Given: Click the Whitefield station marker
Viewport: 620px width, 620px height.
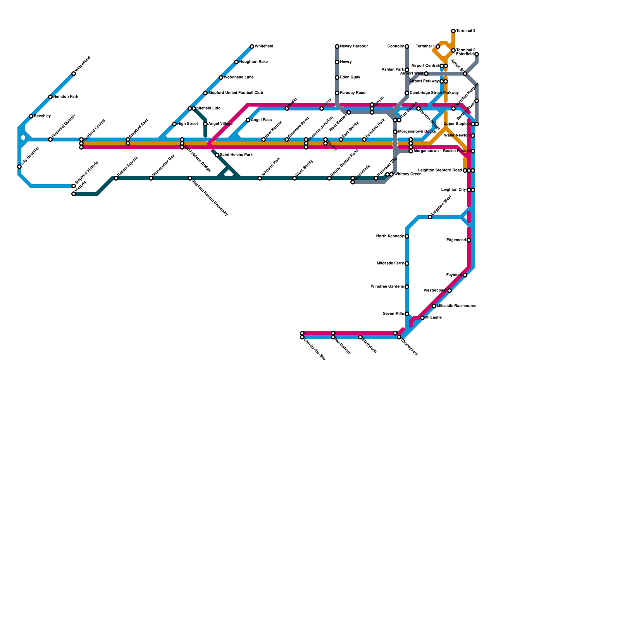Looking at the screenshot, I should pyautogui.click(x=252, y=46).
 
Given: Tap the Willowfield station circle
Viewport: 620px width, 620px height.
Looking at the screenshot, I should pyautogui.click(x=74, y=74).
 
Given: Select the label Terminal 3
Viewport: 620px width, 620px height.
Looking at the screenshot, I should pyautogui.click(x=465, y=31).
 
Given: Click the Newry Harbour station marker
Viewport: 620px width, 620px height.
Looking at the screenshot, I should pyautogui.click(x=337, y=46).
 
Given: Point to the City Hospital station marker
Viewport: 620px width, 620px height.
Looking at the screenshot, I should pyautogui.click(x=19, y=167).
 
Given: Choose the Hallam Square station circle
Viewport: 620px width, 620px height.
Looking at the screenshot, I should pyautogui.click(x=116, y=178).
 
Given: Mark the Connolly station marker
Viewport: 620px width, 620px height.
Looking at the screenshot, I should pyautogui.click(x=407, y=46).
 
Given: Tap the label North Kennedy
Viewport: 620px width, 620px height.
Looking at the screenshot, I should pyautogui.click(x=390, y=236).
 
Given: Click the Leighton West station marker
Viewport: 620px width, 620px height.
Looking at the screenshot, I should pyautogui.click(x=430, y=217).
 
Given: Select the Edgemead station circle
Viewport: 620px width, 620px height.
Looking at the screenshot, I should pyautogui.click(x=469, y=240).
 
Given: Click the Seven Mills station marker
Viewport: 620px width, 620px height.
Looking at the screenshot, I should pyautogui.click(x=407, y=314).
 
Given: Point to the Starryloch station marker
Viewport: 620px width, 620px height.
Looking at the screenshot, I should pyautogui.click(x=360, y=337).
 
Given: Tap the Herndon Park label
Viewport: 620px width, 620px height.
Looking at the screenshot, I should pyautogui.click(x=65, y=97).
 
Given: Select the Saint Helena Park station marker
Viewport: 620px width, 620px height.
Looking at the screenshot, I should pyautogui.click(x=217, y=155).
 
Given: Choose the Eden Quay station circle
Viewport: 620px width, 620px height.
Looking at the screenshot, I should pyautogui.click(x=337, y=77).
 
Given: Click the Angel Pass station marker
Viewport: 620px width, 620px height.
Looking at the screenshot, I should pyautogui.click(x=248, y=120).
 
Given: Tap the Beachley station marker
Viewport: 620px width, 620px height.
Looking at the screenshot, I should pyautogui.click(x=31, y=116).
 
